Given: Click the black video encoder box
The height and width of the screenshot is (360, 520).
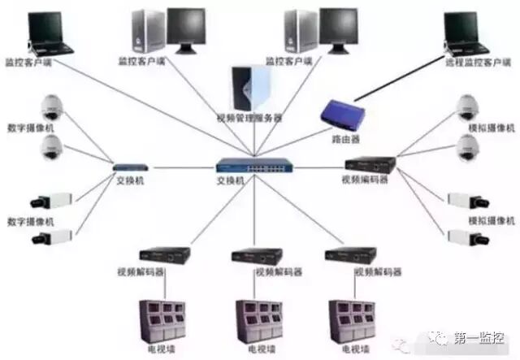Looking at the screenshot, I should [x=366, y=162].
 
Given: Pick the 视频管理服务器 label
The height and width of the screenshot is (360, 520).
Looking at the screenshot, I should [x=253, y=118].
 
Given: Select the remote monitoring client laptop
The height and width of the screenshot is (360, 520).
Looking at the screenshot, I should [x=466, y=32].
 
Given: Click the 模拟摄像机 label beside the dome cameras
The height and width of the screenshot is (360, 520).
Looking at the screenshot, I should [x=492, y=129].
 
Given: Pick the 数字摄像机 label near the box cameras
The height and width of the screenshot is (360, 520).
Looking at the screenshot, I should [x=29, y=220].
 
